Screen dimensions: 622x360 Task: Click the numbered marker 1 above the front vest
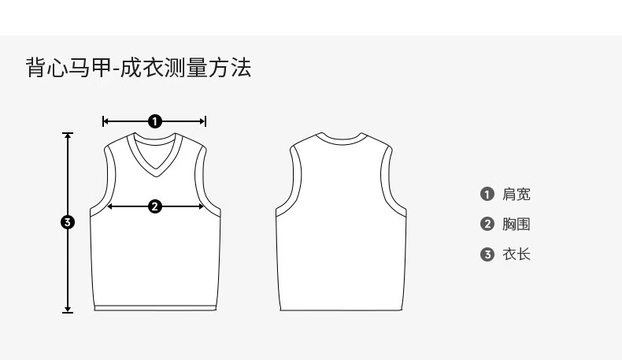155,121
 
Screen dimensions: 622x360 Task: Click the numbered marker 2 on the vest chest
155,206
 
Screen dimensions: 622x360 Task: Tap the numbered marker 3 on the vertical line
68,223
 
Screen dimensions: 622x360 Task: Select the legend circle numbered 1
487,195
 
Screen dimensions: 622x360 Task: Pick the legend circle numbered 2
487,225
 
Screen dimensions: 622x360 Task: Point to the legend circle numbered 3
487,254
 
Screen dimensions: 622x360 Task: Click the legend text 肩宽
516,195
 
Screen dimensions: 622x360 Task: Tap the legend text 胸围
516,225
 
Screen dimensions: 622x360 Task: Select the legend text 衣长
516,254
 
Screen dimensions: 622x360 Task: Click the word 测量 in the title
183,68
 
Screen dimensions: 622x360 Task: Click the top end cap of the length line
68,133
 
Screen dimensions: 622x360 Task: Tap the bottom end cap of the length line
68,313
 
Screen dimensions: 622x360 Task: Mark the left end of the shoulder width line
104,121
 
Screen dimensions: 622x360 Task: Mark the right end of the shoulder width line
205,121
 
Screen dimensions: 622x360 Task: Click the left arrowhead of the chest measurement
109,206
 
